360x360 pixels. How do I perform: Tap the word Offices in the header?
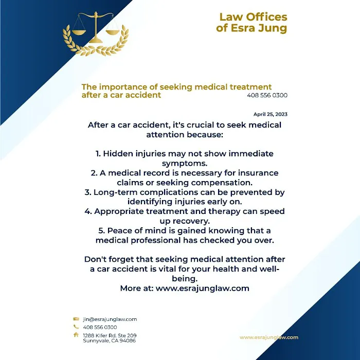tap(266, 16)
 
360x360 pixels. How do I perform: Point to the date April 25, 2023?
tap(271, 114)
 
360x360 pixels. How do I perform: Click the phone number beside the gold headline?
tap(267, 95)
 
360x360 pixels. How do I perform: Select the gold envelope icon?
tap(76, 319)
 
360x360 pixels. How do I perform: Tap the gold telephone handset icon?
tap(76, 327)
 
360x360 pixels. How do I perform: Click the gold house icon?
tap(76, 335)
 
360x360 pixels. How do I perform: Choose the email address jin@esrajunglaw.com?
tap(110, 319)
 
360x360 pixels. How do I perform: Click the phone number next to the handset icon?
tap(100, 327)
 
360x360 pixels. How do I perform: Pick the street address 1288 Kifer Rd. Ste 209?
tap(110, 335)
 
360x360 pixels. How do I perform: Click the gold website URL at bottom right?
tap(269, 337)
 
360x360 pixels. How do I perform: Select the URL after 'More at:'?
tap(203, 289)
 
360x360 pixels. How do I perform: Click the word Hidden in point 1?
tap(120, 154)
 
